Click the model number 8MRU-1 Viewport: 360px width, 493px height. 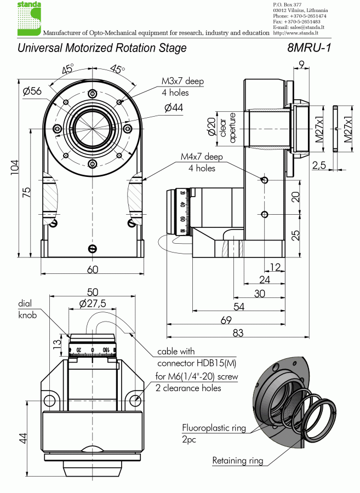click(x=309, y=48)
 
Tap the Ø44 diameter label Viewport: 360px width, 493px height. click(x=173, y=108)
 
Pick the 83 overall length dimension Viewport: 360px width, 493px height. click(x=237, y=333)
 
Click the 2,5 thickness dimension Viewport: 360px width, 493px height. click(x=319, y=165)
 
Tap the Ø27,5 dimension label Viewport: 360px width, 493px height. click(x=92, y=303)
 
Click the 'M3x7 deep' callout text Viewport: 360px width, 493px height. click(x=182, y=81)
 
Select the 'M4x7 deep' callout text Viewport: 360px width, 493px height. click(x=202, y=157)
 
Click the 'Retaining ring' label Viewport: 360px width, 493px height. click(x=237, y=461)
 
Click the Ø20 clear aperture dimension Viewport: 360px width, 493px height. click(x=211, y=128)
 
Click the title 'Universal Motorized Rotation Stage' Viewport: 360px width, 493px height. click(x=102, y=48)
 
